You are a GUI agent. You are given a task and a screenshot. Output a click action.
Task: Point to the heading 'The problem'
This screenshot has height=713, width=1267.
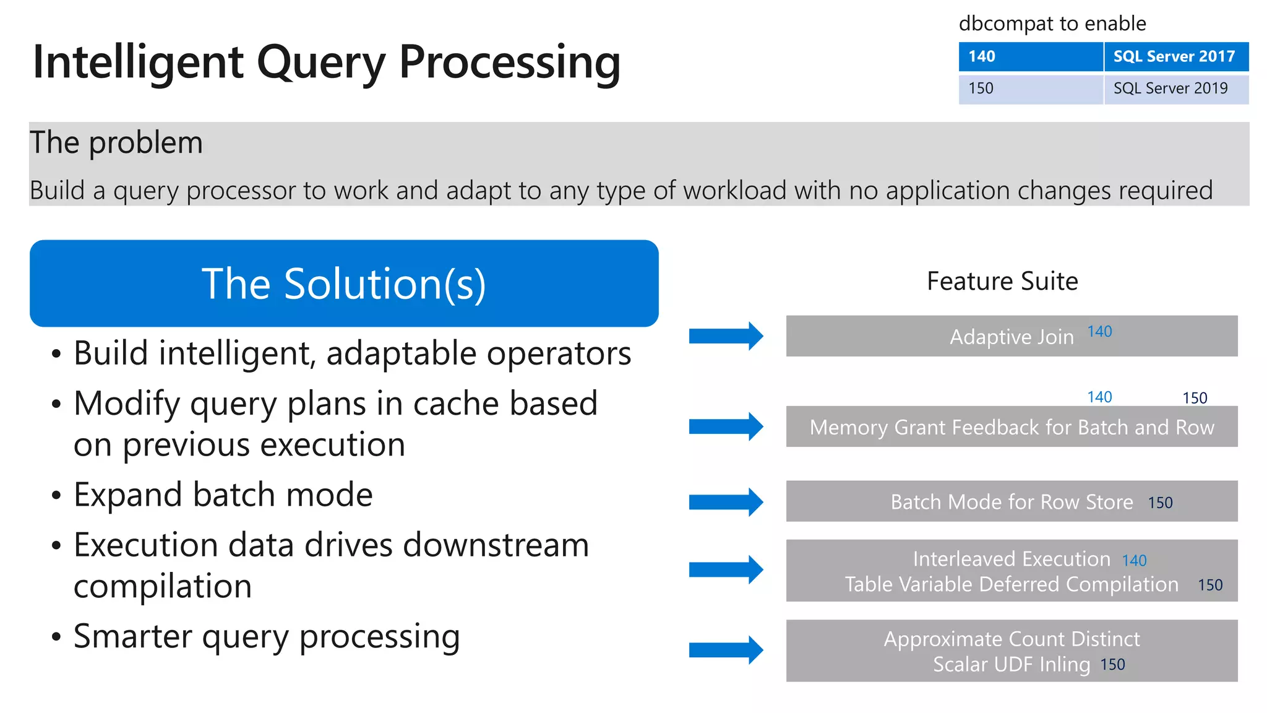(116, 143)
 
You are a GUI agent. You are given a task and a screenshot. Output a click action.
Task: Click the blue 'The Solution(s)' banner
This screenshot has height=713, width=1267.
(344, 283)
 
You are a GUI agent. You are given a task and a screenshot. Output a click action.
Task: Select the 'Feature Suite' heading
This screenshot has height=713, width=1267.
(1002, 282)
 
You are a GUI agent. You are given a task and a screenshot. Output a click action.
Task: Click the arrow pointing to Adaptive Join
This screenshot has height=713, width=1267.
(726, 336)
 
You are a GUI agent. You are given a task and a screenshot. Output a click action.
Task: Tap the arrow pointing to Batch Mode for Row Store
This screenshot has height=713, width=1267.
(726, 502)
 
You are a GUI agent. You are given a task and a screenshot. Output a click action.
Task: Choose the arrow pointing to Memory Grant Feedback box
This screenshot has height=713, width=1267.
(726, 426)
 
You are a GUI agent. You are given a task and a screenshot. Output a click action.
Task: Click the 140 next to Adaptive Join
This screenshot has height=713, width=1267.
(1099, 332)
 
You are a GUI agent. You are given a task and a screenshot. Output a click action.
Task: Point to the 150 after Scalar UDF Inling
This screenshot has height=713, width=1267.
(1112, 665)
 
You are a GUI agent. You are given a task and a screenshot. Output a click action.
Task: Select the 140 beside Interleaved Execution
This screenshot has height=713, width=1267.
(1134, 561)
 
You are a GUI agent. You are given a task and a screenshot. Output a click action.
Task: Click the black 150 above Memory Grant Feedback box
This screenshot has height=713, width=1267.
(1195, 398)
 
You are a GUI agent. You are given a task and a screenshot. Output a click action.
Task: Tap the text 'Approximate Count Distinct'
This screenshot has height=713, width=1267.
(1011, 639)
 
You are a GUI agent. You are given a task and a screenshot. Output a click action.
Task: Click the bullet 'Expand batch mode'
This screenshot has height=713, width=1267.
(223, 495)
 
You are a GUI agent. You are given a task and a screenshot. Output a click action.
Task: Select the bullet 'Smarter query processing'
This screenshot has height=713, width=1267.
(266, 636)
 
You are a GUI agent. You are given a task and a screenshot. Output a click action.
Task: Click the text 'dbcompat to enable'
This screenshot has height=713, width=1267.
(1052, 24)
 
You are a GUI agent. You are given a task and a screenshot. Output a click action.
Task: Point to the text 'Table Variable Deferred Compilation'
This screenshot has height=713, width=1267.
(1011, 584)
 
